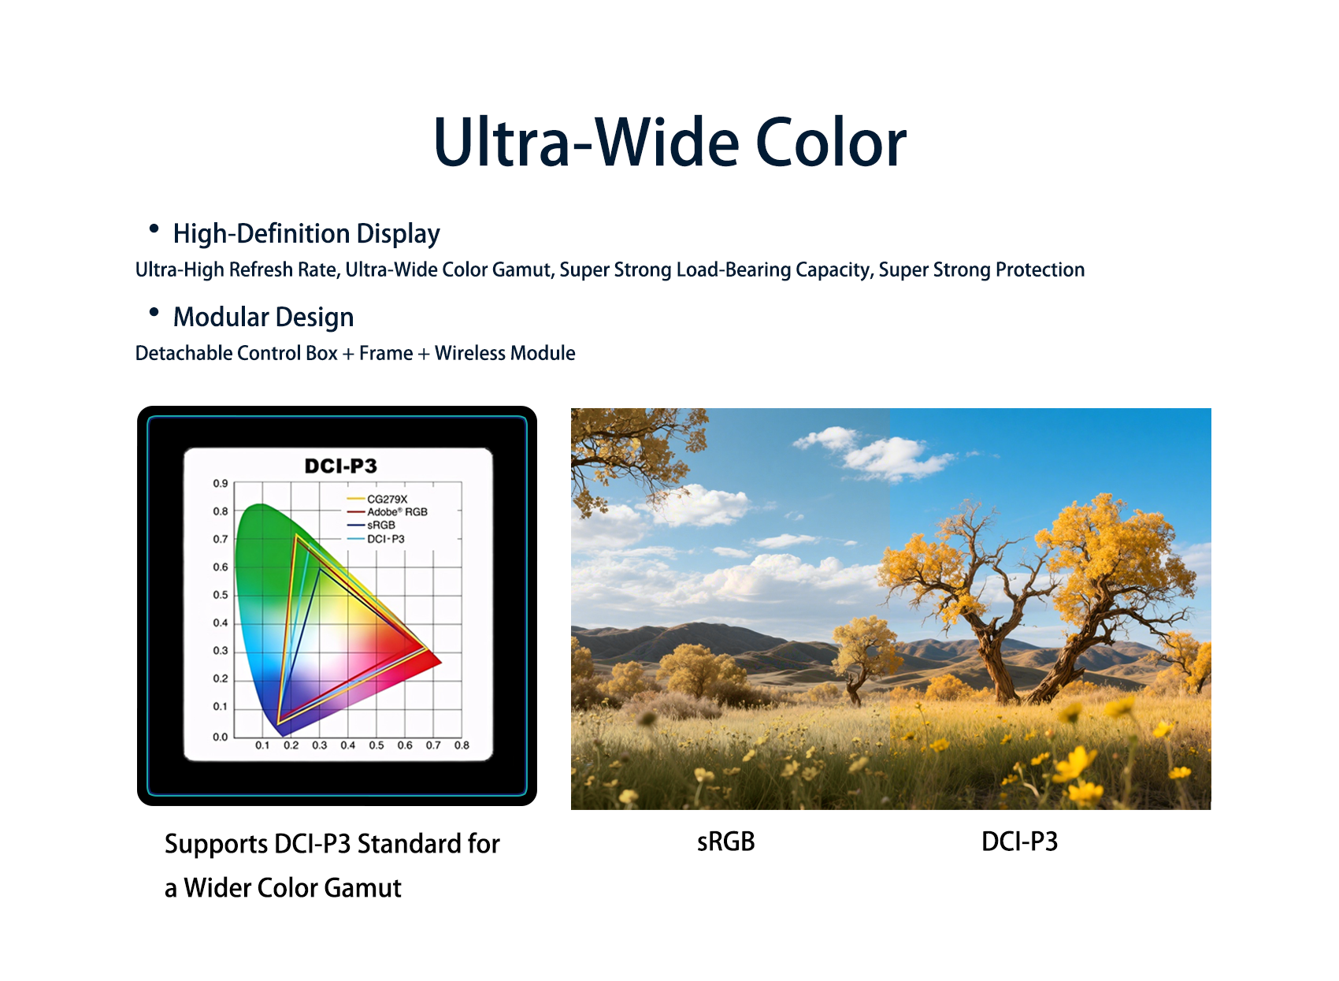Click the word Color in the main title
coord(831,143)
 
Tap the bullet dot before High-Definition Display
coord(154,229)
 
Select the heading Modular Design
coord(264,318)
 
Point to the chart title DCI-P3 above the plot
coord(341,466)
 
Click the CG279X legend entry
coord(377,499)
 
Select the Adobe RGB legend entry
coord(388,512)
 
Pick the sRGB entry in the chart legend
coord(371,526)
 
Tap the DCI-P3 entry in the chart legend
coord(376,539)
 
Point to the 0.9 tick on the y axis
coord(221,483)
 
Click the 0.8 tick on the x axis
coord(462,745)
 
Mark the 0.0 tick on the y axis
coord(221,737)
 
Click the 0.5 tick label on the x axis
coord(376,745)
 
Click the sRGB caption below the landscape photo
coord(725,842)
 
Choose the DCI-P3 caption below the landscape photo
coord(1020,842)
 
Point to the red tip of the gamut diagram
coord(440,662)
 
